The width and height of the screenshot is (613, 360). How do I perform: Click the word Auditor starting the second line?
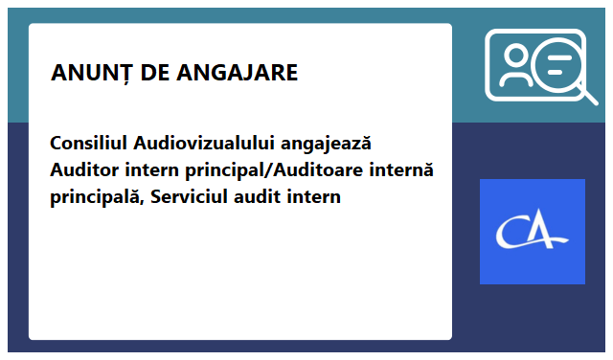pyautogui.click(x=83, y=171)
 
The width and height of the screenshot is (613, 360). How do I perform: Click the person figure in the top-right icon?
pyautogui.click(x=518, y=65)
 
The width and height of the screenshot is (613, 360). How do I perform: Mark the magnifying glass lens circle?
pyautogui.click(x=559, y=67)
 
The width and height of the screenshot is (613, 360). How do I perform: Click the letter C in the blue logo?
pyautogui.click(x=514, y=232)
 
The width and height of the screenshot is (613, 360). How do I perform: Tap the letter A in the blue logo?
pyautogui.click(x=546, y=232)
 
